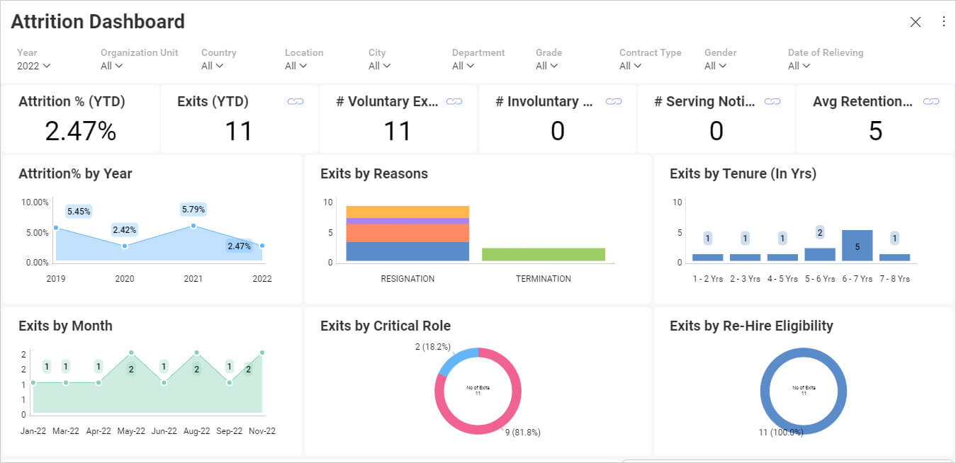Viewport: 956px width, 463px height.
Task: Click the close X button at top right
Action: point(915,22)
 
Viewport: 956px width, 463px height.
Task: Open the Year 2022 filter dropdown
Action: point(33,66)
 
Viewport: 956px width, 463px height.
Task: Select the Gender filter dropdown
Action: point(715,66)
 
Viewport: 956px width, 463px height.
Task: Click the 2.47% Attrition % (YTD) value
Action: point(81,131)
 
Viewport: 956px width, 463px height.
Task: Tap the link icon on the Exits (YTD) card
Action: point(296,102)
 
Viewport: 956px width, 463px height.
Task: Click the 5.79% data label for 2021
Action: point(193,210)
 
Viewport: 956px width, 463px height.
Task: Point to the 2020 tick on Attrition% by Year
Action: point(125,278)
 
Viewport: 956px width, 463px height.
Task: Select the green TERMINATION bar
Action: point(543,254)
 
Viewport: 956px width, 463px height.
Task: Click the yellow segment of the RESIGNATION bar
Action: point(407,212)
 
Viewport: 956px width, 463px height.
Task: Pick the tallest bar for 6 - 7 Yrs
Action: point(857,246)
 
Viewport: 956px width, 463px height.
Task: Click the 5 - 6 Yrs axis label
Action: point(819,279)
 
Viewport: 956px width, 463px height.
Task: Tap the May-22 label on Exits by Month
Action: point(131,430)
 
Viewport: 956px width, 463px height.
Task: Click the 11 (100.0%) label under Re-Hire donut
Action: point(780,432)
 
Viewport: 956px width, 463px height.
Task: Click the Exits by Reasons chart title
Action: point(373,173)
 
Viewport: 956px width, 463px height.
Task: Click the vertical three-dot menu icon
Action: point(943,22)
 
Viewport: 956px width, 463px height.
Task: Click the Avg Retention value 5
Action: point(875,131)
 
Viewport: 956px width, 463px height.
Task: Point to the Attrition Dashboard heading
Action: point(98,22)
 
